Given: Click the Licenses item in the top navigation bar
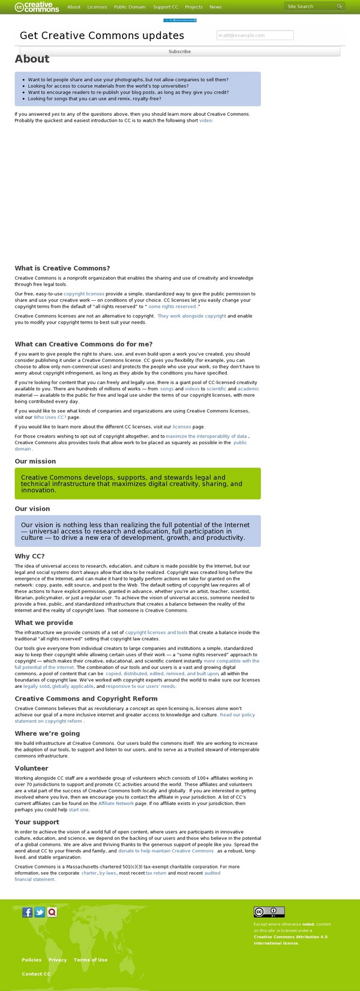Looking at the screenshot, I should [x=97, y=7].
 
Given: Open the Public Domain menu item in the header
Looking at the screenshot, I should [x=130, y=7].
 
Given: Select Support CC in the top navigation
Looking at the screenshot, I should [x=166, y=7].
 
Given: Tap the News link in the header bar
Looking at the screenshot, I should [x=215, y=7].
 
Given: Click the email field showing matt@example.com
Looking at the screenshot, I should [x=255, y=35].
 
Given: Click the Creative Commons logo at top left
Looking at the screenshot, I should [x=37, y=7].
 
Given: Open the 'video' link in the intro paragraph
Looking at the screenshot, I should [x=205, y=121].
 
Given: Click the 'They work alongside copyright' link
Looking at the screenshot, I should [x=192, y=316].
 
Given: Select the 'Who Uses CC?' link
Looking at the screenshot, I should [x=50, y=417].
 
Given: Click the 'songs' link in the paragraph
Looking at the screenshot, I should [x=167, y=389].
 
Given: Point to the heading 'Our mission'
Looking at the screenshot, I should [x=35, y=461].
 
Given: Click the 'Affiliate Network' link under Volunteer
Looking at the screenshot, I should [x=116, y=803].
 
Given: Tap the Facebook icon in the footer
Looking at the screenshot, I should [x=27, y=912].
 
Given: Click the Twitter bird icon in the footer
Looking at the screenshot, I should [x=40, y=912].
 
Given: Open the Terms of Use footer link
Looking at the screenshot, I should [x=91, y=960].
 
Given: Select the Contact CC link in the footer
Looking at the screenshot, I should [x=36, y=974].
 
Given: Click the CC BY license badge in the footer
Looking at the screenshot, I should [x=269, y=912].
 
